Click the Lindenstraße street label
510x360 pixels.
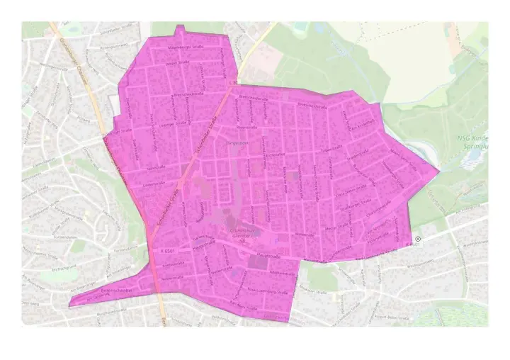(x=154, y=186)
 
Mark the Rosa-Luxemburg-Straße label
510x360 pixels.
(x=268, y=291)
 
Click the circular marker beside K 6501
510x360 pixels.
(x=418, y=239)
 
